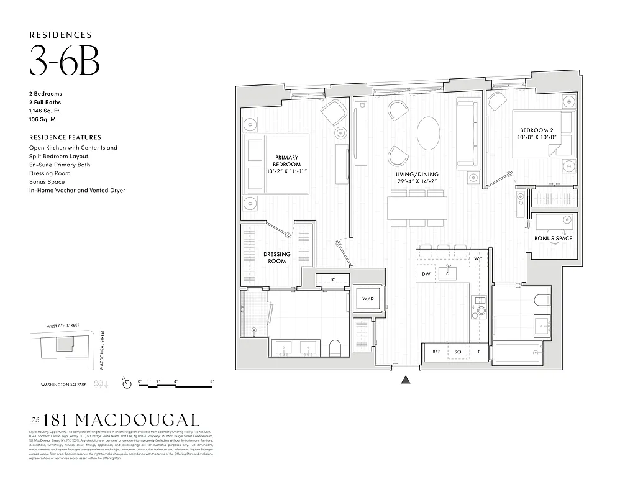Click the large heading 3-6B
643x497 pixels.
[x=65, y=63]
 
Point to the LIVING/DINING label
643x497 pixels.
[x=418, y=178]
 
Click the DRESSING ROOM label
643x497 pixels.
[x=277, y=257]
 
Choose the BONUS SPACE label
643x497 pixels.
[x=553, y=239]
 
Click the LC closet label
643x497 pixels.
[x=332, y=280]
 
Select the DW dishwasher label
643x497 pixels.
[x=426, y=274]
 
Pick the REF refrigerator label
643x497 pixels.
[x=436, y=352]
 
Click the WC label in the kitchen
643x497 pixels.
[x=478, y=258]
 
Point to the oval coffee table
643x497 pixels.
[x=429, y=134]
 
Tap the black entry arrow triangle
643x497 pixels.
[x=406, y=380]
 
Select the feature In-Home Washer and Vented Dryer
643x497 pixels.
[x=77, y=190]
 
